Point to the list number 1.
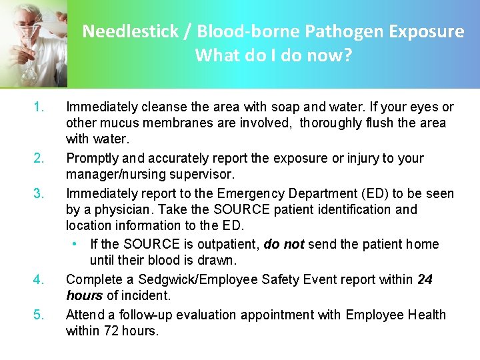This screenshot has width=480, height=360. [39, 107]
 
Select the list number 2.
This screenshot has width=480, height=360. [39, 159]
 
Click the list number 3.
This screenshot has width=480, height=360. [39, 194]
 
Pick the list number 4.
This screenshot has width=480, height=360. [39, 280]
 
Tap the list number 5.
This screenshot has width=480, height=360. [39, 315]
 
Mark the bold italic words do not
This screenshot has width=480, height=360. [283, 245]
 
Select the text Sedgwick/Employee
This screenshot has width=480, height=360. [184, 280]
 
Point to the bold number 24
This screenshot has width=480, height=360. [425, 280]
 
